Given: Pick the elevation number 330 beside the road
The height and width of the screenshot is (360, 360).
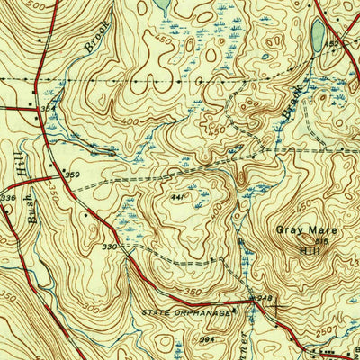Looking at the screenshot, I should pos(110,246).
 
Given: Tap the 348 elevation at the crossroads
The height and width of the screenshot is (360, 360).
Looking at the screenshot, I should pos(264,297).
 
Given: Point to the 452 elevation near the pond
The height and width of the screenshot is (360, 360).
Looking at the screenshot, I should pos(330,42).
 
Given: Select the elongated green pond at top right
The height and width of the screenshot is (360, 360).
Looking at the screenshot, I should pos(317,35).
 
